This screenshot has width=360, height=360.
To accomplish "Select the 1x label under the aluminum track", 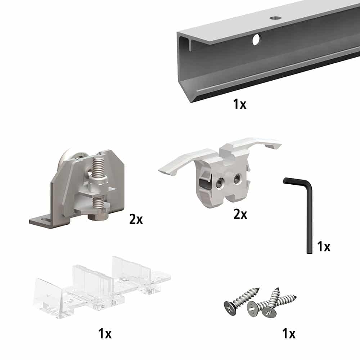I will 239,105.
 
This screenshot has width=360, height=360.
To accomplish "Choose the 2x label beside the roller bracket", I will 136,219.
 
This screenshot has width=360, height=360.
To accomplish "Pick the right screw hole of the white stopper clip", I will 237,178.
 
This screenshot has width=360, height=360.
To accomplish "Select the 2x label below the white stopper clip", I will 240,215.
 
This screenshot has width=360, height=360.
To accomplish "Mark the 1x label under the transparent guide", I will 105,334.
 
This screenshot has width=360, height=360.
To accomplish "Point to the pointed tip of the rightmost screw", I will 296,297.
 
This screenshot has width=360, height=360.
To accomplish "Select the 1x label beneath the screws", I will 288,334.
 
